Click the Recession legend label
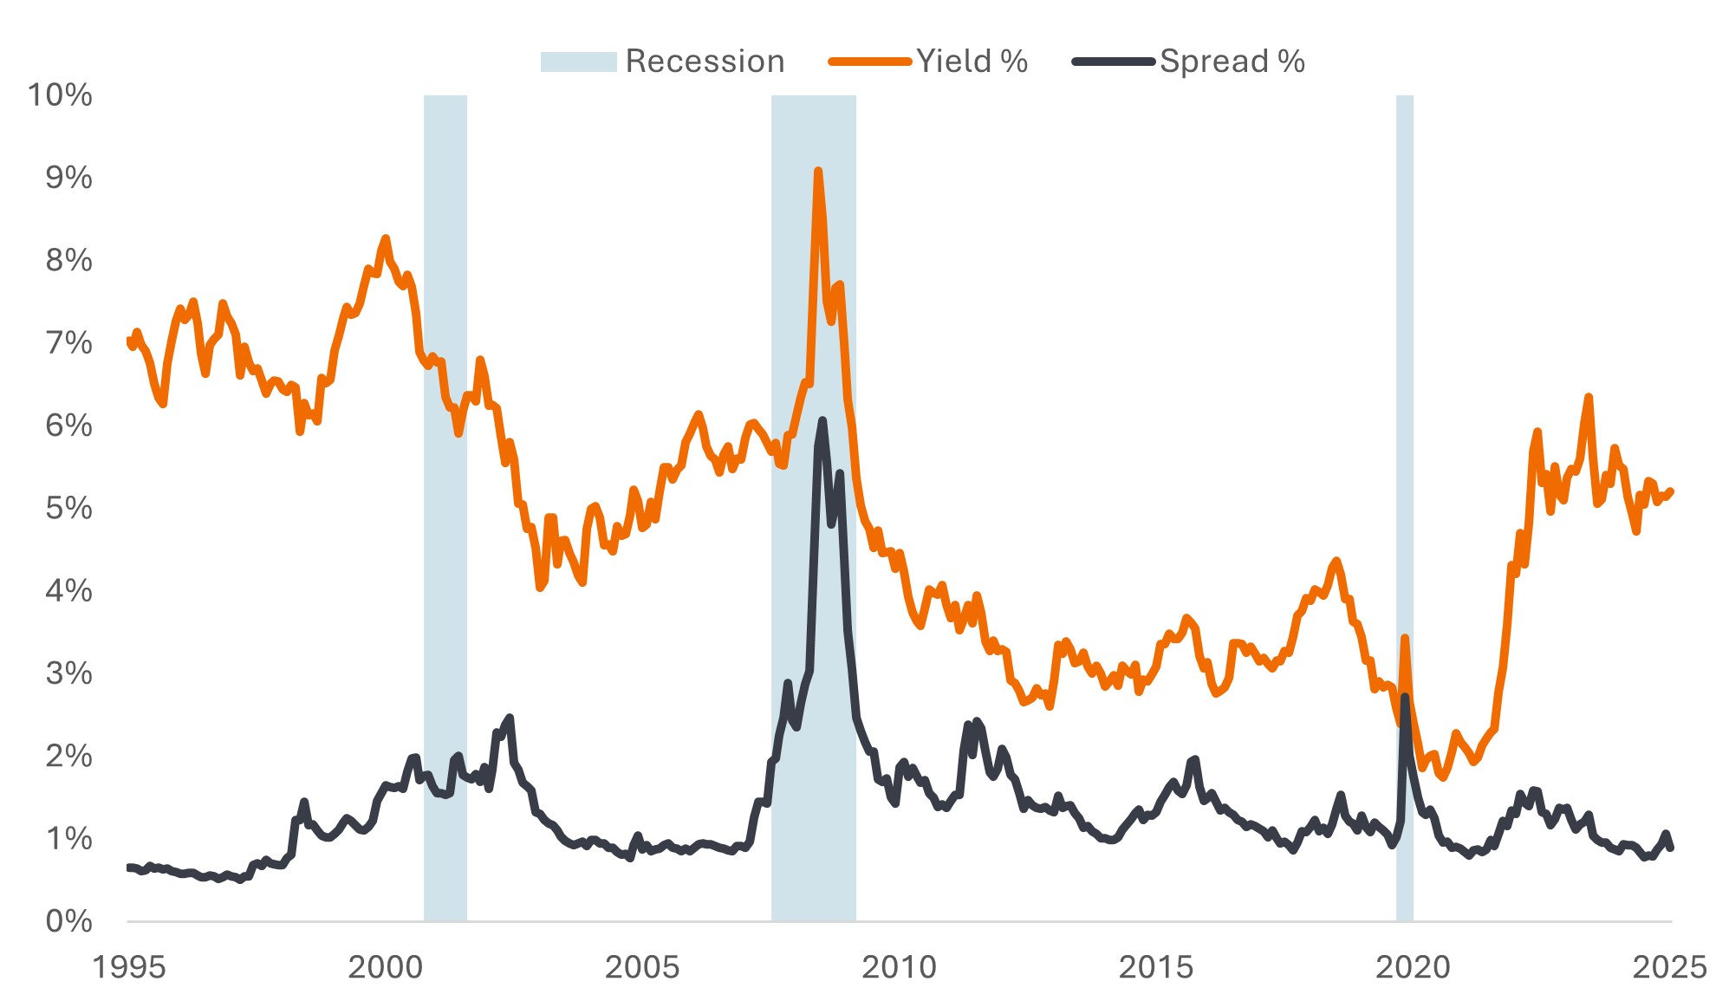(705, 62)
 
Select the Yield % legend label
(972, 62)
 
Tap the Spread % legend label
(1232, 62)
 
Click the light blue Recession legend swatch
(578, 62)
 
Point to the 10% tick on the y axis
(60, 94)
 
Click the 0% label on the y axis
(68, 920)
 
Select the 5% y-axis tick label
(68, 508)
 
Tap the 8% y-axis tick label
(68, 260)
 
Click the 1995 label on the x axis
(129, 967)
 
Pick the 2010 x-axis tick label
(899, 967)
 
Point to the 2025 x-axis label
(1669, 967)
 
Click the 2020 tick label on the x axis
(1413, 967)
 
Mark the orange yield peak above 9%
(817, 172)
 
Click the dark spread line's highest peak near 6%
(822, 421)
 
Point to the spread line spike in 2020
(1405, 697)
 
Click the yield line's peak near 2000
(386, 238)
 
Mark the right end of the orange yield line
(1670, 491)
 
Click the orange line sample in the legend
(869, 62)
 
